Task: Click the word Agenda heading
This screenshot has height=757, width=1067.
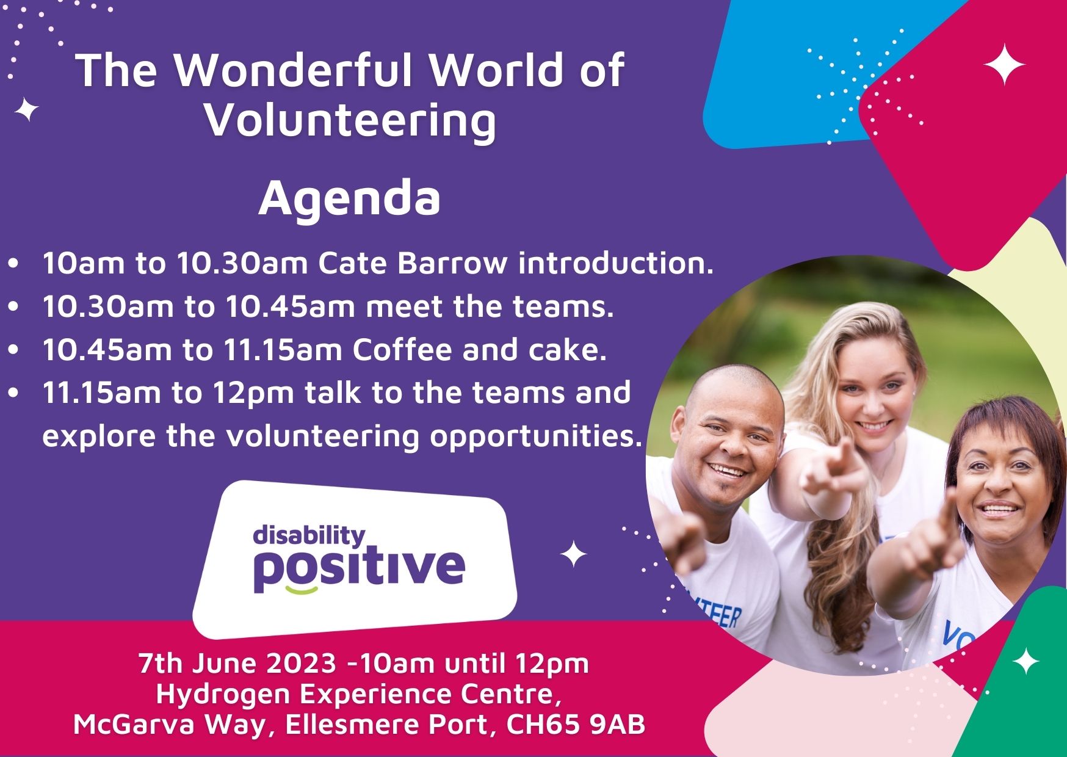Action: (349, 200)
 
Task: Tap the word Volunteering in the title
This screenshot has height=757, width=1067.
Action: (350, 120)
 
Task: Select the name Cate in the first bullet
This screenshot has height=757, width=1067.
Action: (354, 263)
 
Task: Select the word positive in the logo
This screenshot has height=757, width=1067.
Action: (359, 568)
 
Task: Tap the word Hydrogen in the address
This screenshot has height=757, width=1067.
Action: (211, 694)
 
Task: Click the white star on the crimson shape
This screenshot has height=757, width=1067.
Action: (1004, 64)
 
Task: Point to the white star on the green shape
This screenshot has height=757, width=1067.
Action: (1025, 661)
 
